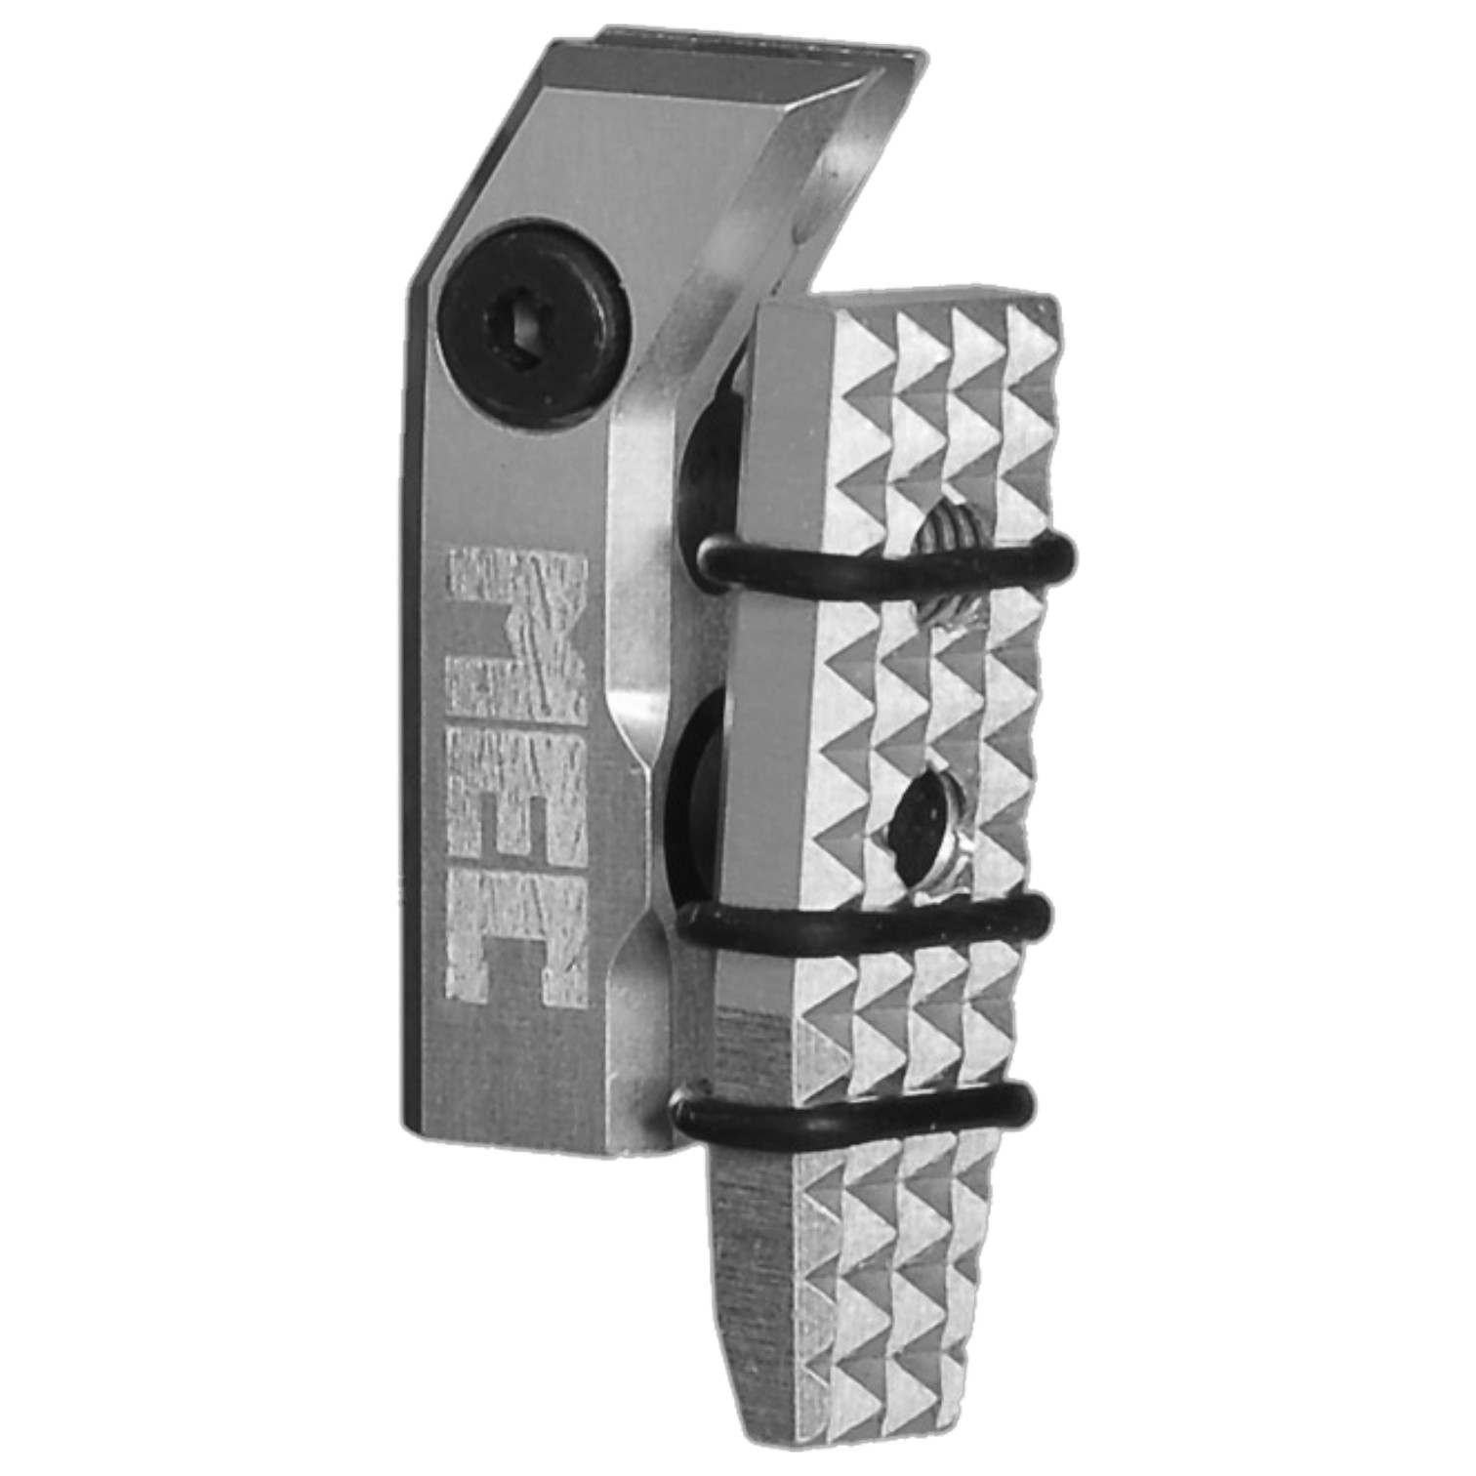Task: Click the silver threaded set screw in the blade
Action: coord(946,563)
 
